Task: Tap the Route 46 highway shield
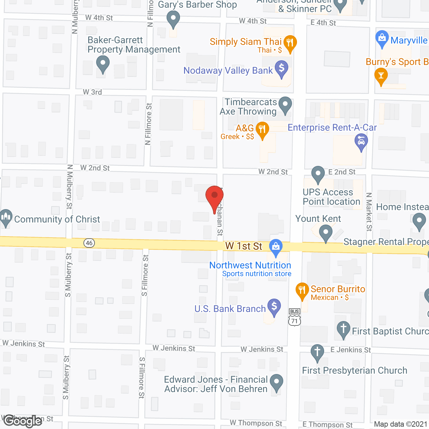pos(89,243)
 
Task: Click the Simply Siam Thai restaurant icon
pos(290,43)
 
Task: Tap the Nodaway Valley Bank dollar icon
pos(282,68)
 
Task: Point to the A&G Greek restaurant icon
pos(262,129)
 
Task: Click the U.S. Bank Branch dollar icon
pos(274,306)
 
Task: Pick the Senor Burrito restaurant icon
pos(302,290)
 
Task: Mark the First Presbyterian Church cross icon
pos(317,352)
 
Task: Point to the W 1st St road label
pos(244,246)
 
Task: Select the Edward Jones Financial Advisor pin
pos(276,382)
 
